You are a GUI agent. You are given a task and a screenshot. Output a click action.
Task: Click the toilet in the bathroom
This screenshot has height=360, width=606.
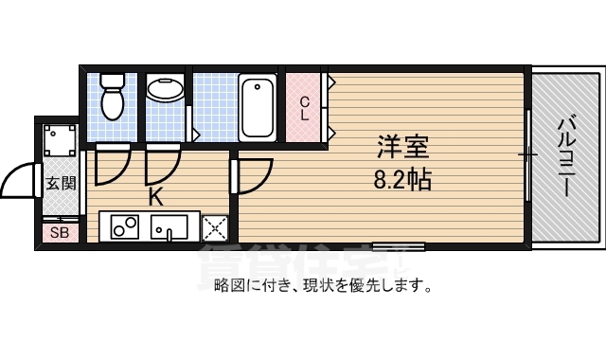tap(113, 101)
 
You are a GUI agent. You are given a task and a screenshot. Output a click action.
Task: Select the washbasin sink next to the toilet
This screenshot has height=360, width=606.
tap(167, 90)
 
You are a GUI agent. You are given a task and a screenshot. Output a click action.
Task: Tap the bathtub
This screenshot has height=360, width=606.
tap(257, 105)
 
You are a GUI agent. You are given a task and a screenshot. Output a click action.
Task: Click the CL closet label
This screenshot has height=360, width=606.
tap(305, 108)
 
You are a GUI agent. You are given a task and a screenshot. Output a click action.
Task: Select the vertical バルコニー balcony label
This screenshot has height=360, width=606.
tap(565, 156)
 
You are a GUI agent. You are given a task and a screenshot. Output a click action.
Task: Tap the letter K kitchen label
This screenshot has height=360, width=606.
tap(155, 198)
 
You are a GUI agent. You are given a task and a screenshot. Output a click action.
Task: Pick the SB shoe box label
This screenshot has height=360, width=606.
tap(59, 232)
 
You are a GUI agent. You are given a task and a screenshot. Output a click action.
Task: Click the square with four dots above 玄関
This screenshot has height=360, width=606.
tap(62, 141)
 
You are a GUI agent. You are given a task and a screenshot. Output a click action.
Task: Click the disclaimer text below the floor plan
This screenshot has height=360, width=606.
tap(323, 285)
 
